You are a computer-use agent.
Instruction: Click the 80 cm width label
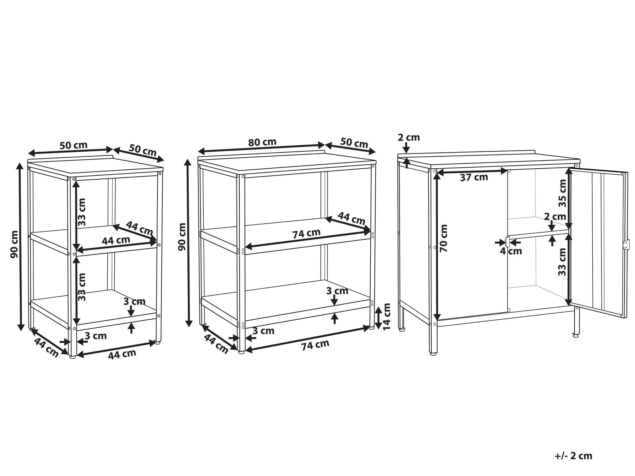262,142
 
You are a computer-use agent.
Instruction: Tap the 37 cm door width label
474,177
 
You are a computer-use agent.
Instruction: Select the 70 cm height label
444,238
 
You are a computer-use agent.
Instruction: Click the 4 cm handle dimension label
511,251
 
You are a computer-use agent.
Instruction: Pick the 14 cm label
387,317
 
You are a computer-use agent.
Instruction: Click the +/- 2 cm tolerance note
573,456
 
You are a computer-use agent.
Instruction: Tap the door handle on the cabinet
507,242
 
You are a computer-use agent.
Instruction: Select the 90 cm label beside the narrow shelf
14,244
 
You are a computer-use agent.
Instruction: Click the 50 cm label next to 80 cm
354,143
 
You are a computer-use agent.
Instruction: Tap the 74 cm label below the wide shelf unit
315,345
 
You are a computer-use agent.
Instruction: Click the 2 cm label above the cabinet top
409,137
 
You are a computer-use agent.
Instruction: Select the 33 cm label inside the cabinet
562,262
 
